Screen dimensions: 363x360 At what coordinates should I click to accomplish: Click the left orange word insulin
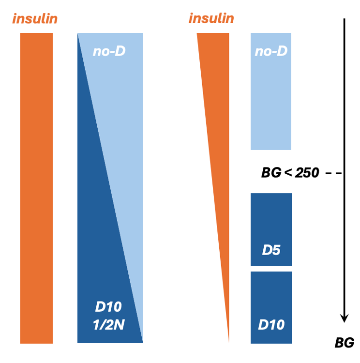(x=35, y=19)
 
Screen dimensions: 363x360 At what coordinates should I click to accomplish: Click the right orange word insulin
(x=211, y=18)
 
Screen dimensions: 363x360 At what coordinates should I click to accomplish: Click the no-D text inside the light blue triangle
(x=109, y=51)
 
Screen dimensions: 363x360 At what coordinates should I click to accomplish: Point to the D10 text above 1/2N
(x=108, y=307)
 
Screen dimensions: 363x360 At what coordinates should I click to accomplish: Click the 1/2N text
(x=108, y=325)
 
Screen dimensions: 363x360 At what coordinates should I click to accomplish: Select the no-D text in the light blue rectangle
(x=271, y=51)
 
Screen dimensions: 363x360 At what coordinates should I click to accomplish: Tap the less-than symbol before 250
(x=287, y=172)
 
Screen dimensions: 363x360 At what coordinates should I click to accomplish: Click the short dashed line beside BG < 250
(x=334, y=173)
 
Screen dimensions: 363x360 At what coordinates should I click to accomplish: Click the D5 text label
(x=271, y=250)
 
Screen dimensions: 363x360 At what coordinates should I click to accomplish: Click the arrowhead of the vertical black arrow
(x=344, y=318)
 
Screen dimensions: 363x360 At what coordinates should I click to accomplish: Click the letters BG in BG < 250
(x=271, y=172)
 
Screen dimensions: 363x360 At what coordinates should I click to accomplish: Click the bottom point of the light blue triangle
(x=142, y=340)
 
